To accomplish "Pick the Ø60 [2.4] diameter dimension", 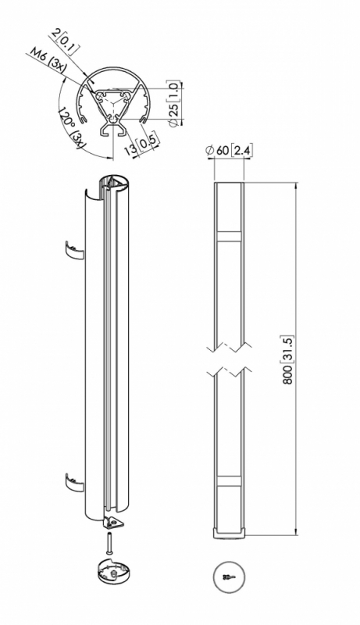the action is click(x=229, y=151).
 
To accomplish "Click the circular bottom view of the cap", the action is click(x=229, y=577).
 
